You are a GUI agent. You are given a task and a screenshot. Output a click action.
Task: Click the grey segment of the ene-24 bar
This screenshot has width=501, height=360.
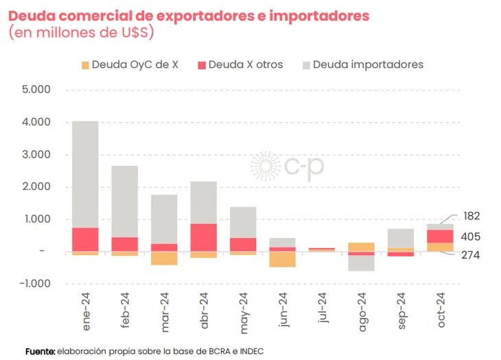[x=85, y=174]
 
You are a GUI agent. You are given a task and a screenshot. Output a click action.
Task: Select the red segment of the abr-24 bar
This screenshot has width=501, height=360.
[x=204, y=237]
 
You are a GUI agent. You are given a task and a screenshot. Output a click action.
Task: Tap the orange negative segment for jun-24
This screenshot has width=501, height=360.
[x=283, y=259]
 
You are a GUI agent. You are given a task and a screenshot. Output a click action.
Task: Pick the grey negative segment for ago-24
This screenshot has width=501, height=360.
[x=362, y=263]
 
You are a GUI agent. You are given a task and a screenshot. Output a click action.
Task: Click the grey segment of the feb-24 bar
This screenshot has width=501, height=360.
[x=125, y=202]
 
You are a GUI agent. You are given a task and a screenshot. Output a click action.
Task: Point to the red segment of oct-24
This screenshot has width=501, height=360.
[x=441, y=236]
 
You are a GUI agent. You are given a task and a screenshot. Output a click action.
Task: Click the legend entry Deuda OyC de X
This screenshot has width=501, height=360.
[x=130, y=64]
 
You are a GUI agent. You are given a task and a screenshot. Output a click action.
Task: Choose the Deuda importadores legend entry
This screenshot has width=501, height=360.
[x=363, y=64]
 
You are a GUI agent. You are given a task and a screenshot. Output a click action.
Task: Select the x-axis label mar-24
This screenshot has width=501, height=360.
[x=164, y=313]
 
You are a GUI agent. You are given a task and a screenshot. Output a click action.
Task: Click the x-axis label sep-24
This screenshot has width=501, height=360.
[x=401, y=313]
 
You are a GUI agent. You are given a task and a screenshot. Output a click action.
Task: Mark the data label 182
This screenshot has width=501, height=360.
[x=471, y=216]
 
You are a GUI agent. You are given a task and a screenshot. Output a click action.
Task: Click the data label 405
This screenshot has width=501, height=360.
[x=471, y=237]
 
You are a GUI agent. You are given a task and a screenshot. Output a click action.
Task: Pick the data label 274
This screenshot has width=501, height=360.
[x=471, y=255]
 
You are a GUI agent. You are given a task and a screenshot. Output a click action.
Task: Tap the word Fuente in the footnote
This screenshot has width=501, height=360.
[x=40, y=351]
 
